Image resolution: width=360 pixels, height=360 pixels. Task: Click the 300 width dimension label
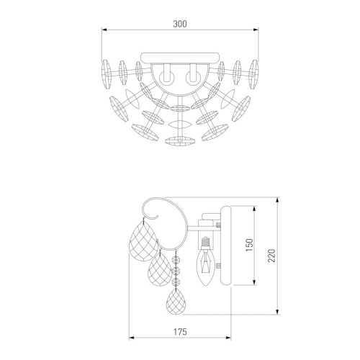(x=180, y=24)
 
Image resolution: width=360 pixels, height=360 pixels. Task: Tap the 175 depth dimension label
(x=180, y=332)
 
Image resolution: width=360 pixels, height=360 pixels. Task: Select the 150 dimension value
(x=250, y=245)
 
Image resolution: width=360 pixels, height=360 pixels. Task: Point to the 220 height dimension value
(x=272, y=256)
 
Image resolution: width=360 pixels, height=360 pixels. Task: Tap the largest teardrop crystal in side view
(x=143, y=240)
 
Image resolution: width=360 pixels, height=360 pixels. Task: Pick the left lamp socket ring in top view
(x=166, y=78)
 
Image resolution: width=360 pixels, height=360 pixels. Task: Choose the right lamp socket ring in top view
(x=193, y=78)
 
